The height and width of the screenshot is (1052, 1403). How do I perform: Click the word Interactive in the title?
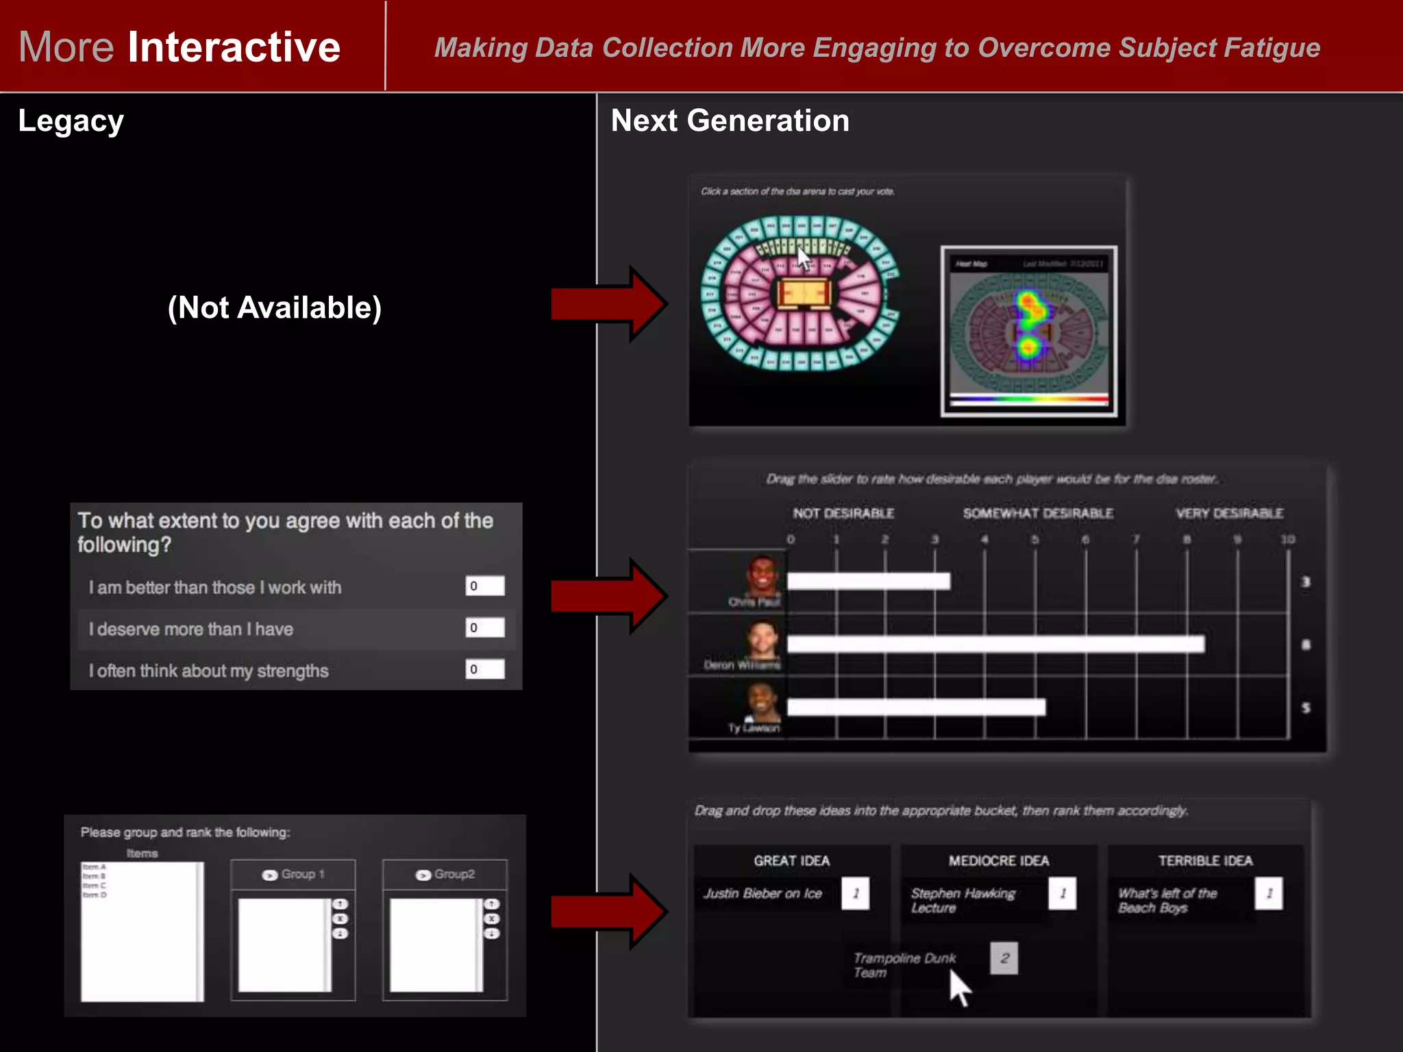pyautogui.click(x=234, y=47)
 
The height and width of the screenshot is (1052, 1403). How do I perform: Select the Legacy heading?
pyautogui.click(x=71, y=121)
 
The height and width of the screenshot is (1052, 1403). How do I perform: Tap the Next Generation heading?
pyautogui.click(x=730, y=121)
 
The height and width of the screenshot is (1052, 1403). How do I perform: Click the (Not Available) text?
pyautogui.click(x=274, y=308)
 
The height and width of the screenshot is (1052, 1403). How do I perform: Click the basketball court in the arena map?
pyautogui.click(x=804, y=294)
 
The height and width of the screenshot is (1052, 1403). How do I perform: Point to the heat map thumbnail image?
pyautogui.click(x=1028, y=331)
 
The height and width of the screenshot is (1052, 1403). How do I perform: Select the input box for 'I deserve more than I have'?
pyautogui.click(x=484, y=627)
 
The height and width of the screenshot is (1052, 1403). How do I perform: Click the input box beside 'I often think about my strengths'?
pyautogui.click(x=484, y=669)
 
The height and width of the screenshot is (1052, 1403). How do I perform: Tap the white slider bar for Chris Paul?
pyautogui.click(x=868, y=581)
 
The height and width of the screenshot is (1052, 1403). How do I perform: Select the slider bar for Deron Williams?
pyautogui.click(x=995, y=644)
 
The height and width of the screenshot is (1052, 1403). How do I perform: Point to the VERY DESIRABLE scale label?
pyautogui.click(x=1229, y=513)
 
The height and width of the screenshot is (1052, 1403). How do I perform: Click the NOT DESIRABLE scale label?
pyautogui.click(x=843, y=513)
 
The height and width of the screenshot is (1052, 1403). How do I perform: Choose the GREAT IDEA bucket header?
pyautogui.click(x=791, y=861)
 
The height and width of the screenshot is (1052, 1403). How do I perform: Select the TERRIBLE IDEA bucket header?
pyautogui.click(x=1205, y=861)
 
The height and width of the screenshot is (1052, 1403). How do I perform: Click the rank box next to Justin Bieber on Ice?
pyautogui.click(x=855, y=893)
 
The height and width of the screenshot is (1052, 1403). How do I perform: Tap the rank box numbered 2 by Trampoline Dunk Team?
pyautogui.click(x=1004, y=958)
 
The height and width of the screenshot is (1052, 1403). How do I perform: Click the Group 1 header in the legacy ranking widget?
pyautogui.click(x=294, y=875)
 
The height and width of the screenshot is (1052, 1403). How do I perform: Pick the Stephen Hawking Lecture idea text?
pyautogui.click(x=963, y=900)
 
